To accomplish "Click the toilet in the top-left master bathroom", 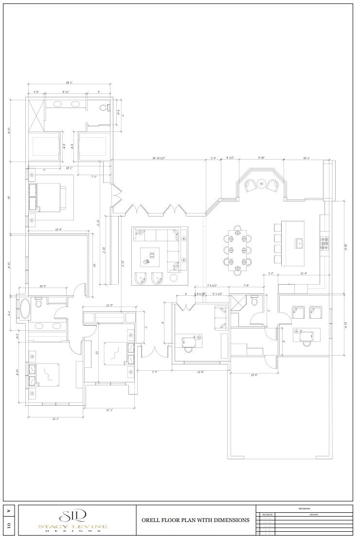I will [x=103, y=108].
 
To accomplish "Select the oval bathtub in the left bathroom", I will [x=24, y=308].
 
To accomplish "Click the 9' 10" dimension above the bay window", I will [x=261, y=158].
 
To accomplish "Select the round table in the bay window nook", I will [x=261, y=184].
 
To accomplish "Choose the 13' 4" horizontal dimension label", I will [x=58, y=229].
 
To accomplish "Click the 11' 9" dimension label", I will [x=109, y=306].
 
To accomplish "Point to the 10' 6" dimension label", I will [x=253, y=375].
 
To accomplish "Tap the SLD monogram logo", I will [x=73, y=515].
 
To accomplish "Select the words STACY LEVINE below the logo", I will [x=73, y=526].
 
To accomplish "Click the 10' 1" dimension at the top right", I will [x=306, y=158].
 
